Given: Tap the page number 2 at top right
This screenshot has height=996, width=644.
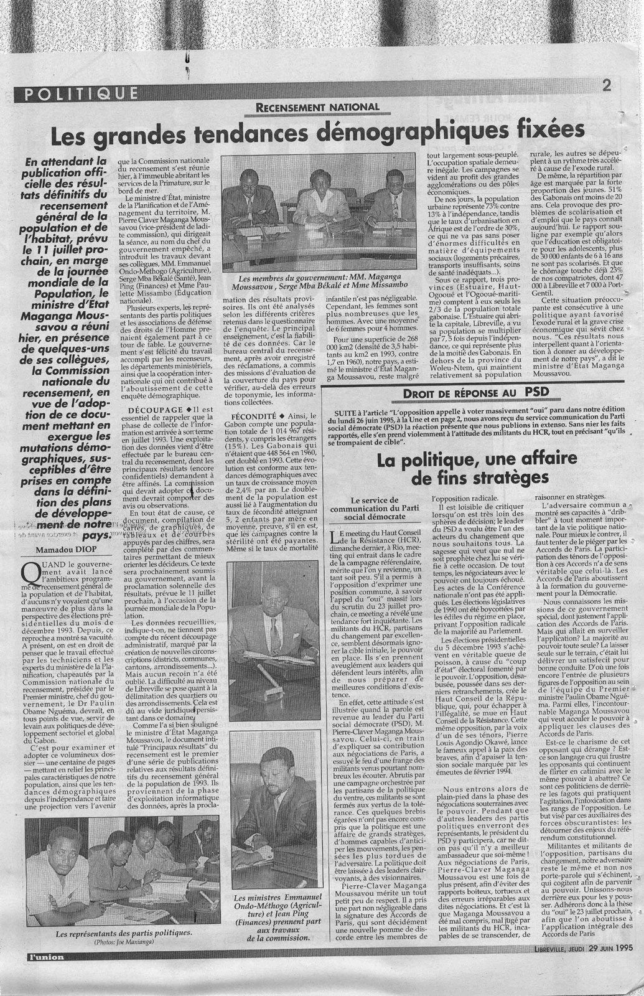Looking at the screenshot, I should pos(607,87).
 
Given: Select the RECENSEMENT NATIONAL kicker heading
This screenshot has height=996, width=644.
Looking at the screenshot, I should pos(317,107).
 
